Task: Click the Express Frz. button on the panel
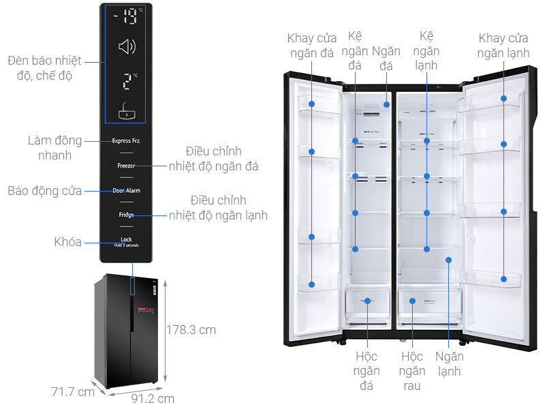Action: [x=126, y=141]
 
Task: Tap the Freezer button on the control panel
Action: [x=126, y=166]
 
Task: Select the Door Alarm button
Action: [x=126, y=190]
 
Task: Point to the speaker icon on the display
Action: [x=127, y=46]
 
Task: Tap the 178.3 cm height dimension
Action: [x=191, y=330]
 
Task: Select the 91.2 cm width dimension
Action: [x=152, y=398]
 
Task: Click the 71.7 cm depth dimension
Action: [x=73, y=392]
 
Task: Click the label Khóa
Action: [x=67, y=242]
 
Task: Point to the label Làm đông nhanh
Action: [x=54, y=148]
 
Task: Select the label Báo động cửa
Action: [x=44, y=191]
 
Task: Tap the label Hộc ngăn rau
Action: [x=412, y=371]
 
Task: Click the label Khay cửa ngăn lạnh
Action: [x=503, y=45]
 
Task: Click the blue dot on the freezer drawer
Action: [x=367, y=301]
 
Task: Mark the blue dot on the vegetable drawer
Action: [x=412, y=300]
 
